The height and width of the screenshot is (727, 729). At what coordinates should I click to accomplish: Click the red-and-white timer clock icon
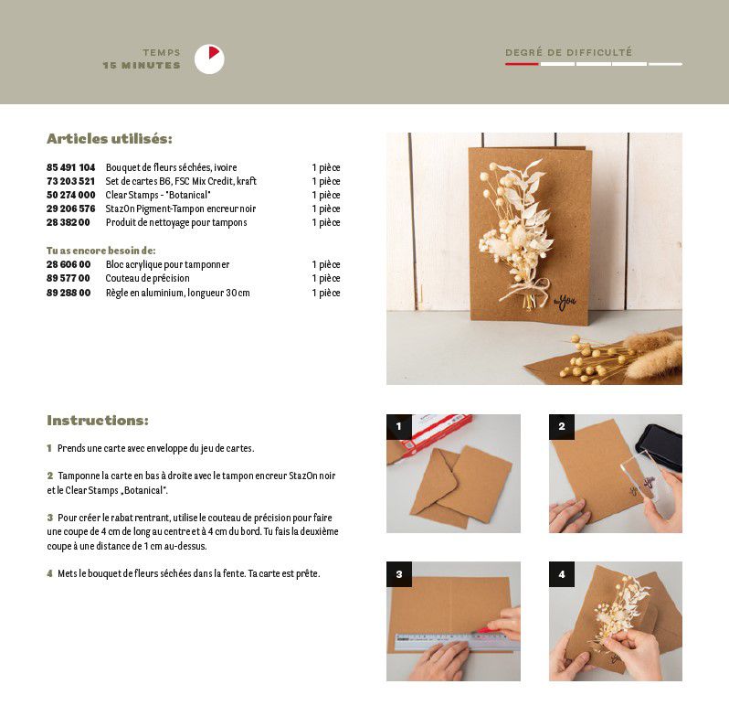209,59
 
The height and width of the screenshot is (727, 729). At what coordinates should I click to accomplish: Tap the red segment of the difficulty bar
522,64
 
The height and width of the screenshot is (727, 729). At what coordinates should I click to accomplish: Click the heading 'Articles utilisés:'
110,139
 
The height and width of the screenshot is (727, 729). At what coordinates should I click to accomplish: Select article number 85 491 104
70,167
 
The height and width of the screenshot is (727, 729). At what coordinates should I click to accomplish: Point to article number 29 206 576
70,209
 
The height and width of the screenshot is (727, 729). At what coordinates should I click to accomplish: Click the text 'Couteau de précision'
147,278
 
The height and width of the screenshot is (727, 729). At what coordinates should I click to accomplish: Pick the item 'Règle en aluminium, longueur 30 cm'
177,293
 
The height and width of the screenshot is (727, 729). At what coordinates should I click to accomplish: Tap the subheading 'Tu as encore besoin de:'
100,251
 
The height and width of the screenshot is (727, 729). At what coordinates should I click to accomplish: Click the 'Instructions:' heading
98,421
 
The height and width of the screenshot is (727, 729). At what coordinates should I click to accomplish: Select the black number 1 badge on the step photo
399,427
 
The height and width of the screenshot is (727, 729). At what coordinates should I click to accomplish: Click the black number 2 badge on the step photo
562,427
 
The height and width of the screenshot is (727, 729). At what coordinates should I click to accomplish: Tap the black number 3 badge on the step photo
399,574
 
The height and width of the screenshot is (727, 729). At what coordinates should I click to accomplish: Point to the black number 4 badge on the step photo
562,574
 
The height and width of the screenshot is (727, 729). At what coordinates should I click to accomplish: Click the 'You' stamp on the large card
565,303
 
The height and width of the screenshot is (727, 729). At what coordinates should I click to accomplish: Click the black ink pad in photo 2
660,447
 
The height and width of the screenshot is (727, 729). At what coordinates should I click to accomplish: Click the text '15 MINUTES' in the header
142,66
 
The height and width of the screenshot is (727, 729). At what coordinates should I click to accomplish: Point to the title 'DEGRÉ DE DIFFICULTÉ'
568,52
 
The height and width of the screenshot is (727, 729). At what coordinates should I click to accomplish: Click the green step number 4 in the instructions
49,574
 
